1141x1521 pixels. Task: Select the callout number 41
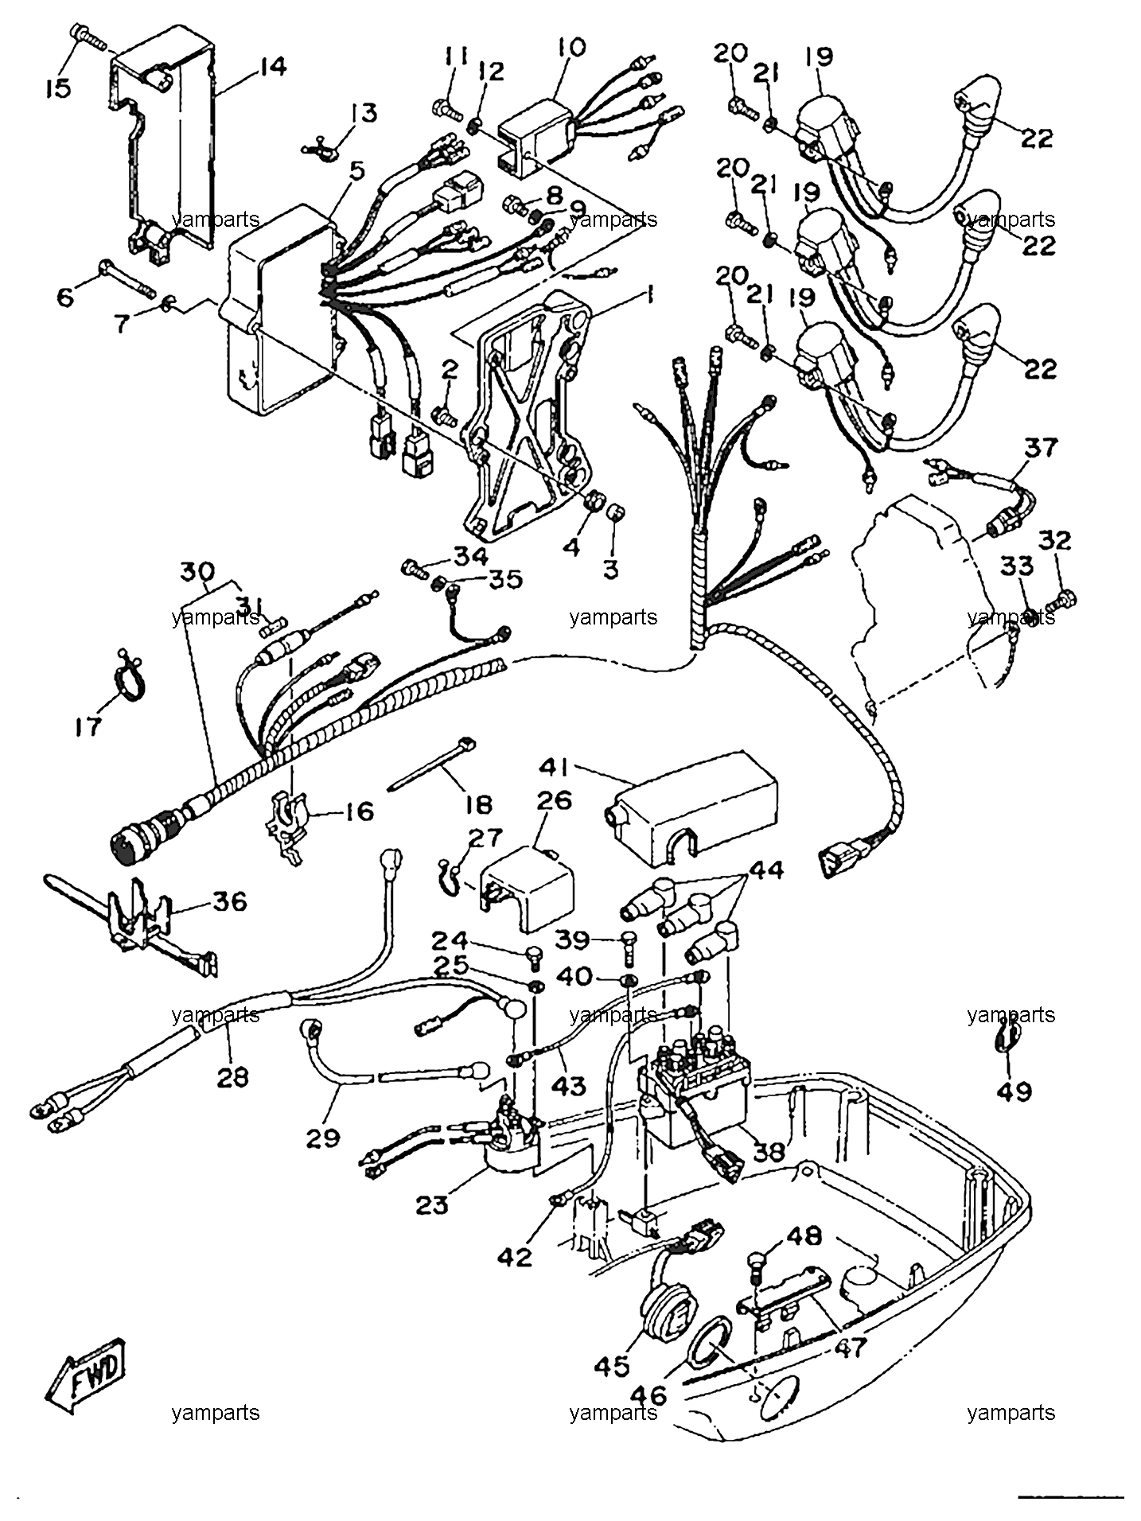[x=554, y=768]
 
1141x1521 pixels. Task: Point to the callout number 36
[x=229, y=901]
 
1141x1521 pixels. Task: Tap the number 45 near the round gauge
[x=611, y=1365]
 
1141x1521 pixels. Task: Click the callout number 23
[x=432, y=1205]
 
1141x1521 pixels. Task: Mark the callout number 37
[x=1042, y=448]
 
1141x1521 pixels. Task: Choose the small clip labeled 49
[x=1005, y=1037]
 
